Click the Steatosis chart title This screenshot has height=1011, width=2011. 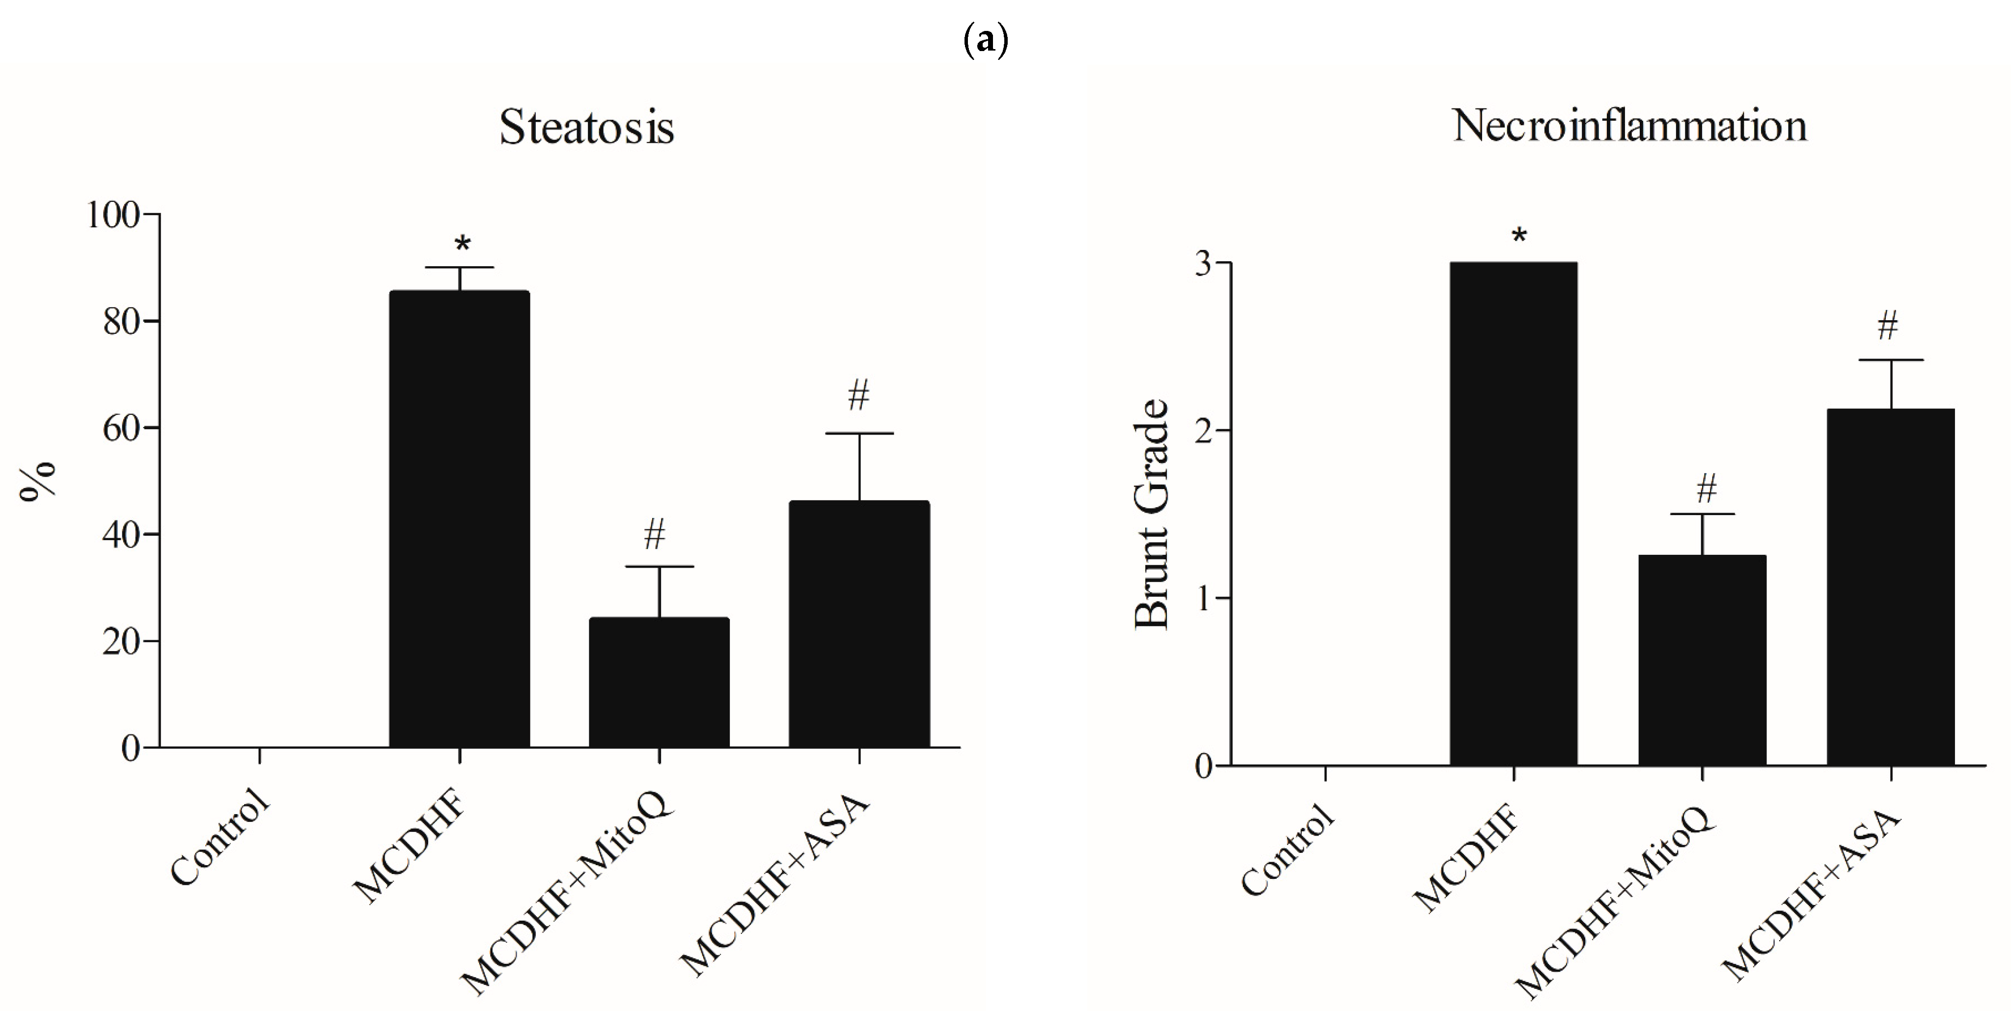coord(586,127)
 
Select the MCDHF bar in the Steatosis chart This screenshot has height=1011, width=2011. coord(459,519)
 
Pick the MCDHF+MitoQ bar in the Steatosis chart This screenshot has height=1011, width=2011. coord(659,683)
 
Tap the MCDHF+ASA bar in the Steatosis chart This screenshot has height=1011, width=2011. coord(859,625)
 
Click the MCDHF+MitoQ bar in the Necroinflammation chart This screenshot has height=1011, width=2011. coord(1702,660)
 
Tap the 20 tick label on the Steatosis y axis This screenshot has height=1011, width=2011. coord(121,642)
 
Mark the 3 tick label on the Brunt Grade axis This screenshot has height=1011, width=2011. coord(1203,264)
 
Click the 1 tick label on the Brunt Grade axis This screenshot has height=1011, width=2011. coord(1203,599)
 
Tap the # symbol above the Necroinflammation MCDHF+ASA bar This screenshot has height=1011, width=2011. coord(1888,326)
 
